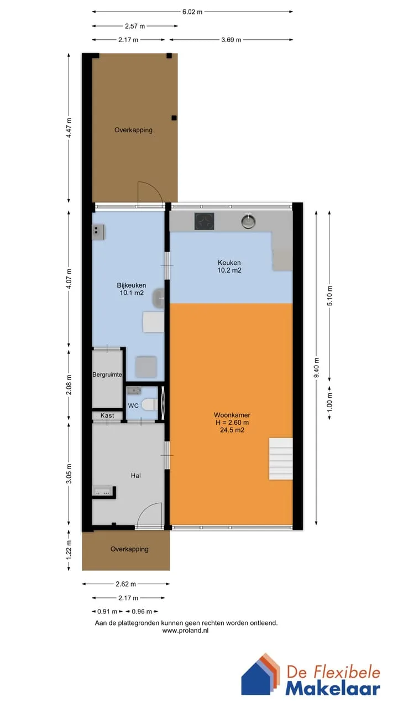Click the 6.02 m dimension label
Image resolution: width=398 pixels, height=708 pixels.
tap(192, 12)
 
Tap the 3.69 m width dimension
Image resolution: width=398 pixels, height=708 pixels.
tap(231, 40)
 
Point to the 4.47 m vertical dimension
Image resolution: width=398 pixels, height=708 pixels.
tap(69, 128)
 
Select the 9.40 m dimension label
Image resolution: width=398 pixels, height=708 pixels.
tap(316, 368)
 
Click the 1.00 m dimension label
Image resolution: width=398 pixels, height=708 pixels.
tap(329, 402)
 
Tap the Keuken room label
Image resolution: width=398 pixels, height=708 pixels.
tap(229, 263)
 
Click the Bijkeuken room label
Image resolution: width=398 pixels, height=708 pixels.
tap(132, 285)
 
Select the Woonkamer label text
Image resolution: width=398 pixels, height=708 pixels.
tap(232, 415)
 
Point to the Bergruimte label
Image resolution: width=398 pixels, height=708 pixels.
tap(107, 374)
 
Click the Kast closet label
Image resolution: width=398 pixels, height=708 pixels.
tap(107, 415)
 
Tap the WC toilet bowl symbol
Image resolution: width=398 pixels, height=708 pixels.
tap(149, 404)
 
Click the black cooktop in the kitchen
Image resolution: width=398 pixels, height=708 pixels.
tap(205, 221)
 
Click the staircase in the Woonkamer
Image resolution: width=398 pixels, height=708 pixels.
tap(280, 459)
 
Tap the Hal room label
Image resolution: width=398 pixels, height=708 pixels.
tap(136, 476)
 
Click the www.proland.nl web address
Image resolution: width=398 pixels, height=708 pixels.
tap(185, 631)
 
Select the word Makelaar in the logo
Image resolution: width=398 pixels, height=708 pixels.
tap(333, 688)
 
